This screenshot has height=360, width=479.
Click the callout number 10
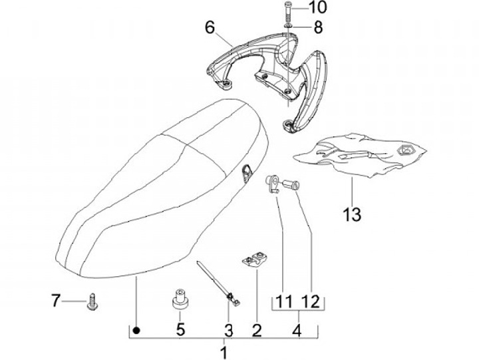pos(318,9)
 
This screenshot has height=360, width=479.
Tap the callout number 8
pos(318,27)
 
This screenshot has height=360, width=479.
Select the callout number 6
pos(210,27)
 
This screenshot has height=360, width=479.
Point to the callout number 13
pos(352,214)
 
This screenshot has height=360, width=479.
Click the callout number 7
pos(56,301)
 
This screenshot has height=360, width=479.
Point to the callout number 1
pos(224,350)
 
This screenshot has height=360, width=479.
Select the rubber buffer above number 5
pos(178,299)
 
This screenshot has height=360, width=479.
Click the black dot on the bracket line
pos(136,329)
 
